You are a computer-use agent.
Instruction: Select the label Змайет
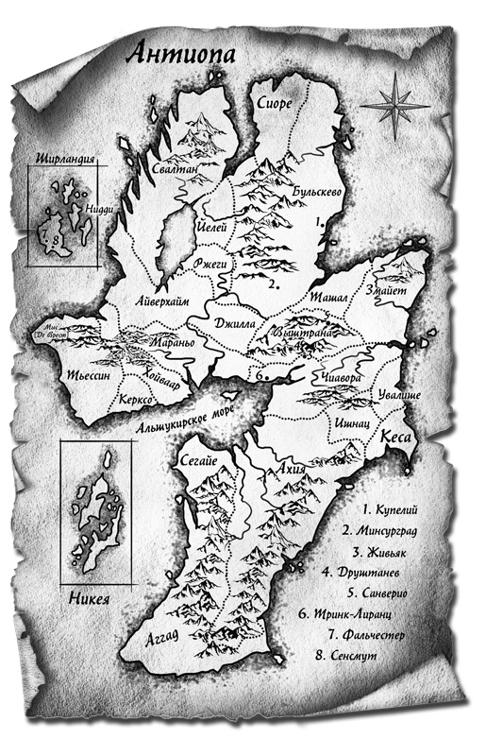(389, 294)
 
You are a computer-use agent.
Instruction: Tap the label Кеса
(394, 439)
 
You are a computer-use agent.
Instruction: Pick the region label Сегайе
(196, 460)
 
